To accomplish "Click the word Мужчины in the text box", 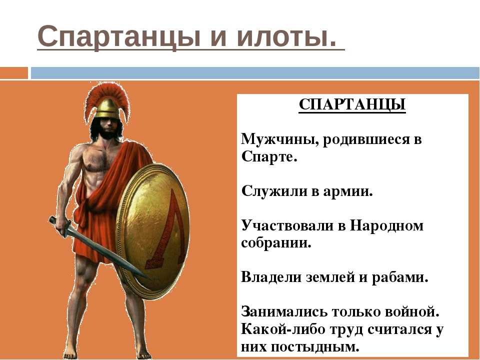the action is [x=279, y=140].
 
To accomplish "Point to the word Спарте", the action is [x=269, y=157].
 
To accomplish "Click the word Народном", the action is [x=386, y=226].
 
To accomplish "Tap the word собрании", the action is [x=276, y=243].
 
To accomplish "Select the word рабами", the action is [x=400, y=277].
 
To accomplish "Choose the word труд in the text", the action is [x=346, y=330].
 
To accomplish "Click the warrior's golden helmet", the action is [x=107, y=108].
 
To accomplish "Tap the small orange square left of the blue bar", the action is [x=14, y=73].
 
